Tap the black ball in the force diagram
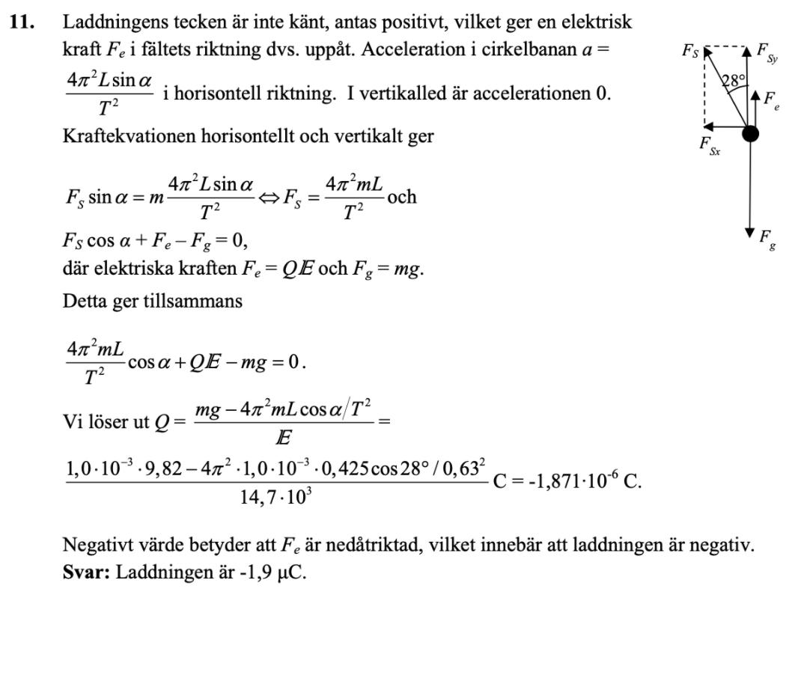point(749,134)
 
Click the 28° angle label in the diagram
point(734,82)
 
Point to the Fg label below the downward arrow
point(766,239)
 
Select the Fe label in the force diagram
point(771,100)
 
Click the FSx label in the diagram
point(709,147)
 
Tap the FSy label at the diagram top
point(767,52)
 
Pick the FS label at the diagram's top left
point(690,51)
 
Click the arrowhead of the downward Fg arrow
point(749,232)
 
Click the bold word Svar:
point(86,577)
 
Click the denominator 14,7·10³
point(275,497)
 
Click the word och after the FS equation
point(402,197)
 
